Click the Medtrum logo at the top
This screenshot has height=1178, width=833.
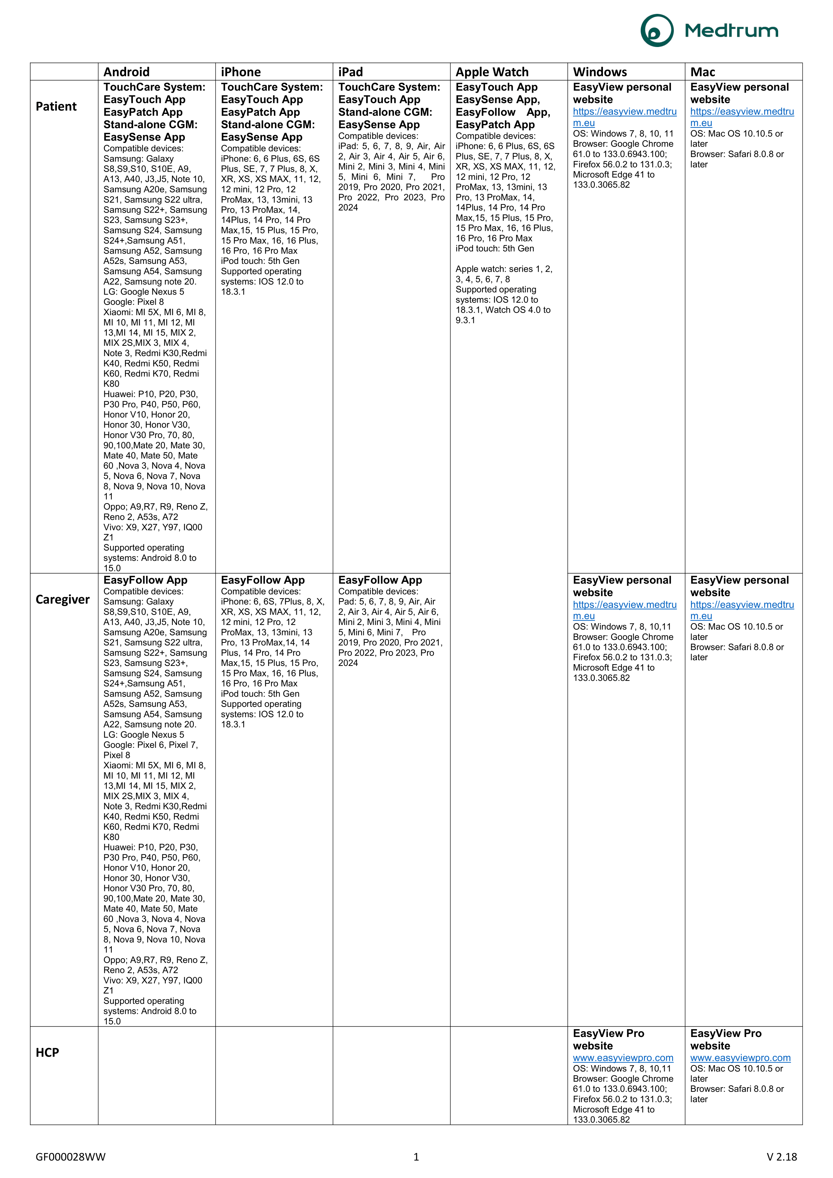coord(709,31)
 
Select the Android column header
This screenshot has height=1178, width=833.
coord(126,72)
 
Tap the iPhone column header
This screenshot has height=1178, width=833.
coord(241,72)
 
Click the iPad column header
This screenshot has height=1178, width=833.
coord(350,72)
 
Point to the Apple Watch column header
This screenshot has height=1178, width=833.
coord(492,72)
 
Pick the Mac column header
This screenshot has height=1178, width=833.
coord(702,72)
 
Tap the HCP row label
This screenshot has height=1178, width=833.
coord(47,1052)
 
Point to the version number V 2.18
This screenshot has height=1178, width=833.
coord(781,1156)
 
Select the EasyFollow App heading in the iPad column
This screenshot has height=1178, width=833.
coord(380,580)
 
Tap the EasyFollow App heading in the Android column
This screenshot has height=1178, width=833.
coord(145,580)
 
